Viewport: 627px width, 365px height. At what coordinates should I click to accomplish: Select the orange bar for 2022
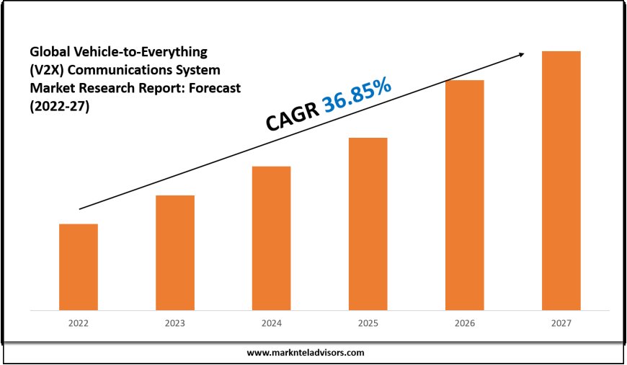click(78, 267)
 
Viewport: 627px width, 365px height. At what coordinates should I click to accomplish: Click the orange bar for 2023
click(174, 252)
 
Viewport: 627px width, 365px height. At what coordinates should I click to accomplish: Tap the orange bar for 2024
click(271, 238)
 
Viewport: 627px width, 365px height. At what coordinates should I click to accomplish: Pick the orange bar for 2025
click(368, 224)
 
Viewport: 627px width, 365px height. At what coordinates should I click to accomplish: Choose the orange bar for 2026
click(464, 195)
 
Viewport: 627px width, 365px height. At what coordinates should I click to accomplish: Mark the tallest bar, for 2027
click(561, 180)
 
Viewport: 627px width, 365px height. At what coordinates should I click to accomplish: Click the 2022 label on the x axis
click(78, 324)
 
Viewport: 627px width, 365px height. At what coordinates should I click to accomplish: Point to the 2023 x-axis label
click(174, 324)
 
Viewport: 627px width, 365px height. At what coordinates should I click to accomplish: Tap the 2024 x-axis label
click(271, 324)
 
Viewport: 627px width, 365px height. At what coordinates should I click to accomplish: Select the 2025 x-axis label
click(368, 324)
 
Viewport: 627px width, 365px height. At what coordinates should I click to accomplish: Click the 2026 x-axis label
click(464, 324)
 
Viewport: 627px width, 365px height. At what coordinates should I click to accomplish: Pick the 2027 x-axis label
click(561, 324)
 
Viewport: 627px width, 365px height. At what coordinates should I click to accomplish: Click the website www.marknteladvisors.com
click(306, 353)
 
